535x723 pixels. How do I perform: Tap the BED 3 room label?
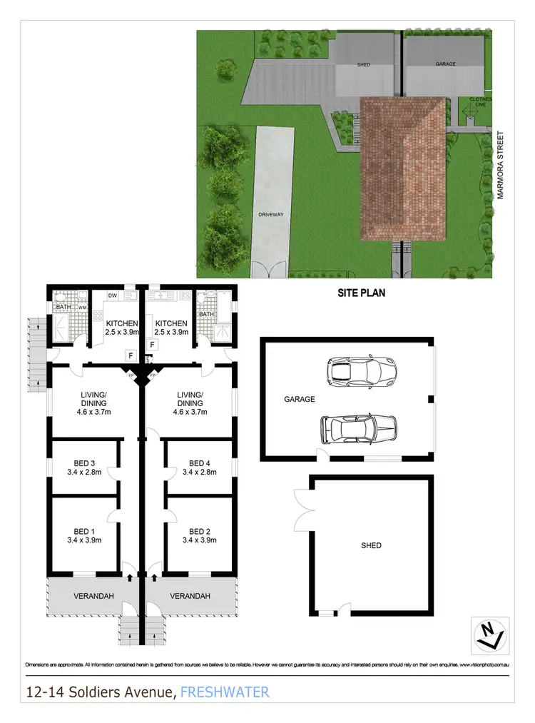pos(83,462)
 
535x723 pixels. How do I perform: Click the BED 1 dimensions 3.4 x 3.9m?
pos(83,540)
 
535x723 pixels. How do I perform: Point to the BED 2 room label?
pos(199,531)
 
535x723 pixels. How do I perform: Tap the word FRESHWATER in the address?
pos(225,692)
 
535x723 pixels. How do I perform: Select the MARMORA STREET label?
pos(501,165)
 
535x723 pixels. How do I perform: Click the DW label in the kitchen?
pos(113,295)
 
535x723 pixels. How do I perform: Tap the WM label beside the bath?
pos(82,308)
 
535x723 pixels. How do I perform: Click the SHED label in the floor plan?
pos(371,545)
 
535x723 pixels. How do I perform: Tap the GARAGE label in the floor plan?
pos(300,399)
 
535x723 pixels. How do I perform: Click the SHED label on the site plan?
pos(363,65)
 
